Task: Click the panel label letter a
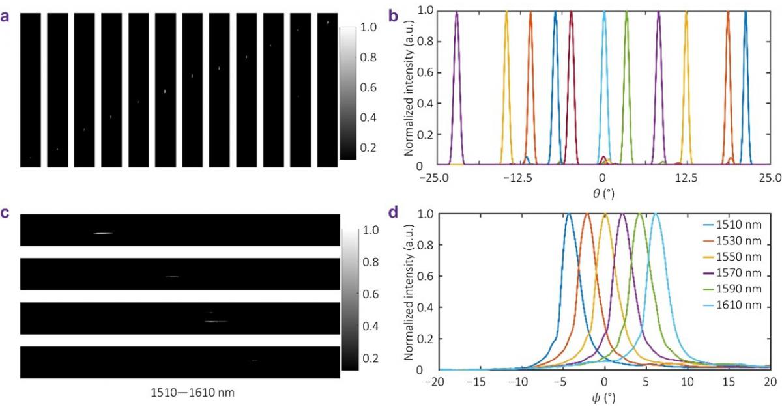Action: pyautogui.click(x=5, y=18)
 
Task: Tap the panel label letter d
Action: pyautogui.click(x=394, y=213)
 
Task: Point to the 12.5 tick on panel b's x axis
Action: pyautogui.click(x=686, y=178)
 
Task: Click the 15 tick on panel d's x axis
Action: pyautogui.click(x=728, y=380)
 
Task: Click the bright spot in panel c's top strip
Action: pyautogui.click(x=103, y=233)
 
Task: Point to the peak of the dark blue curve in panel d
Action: pyautogui.click(x=569, y=214)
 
